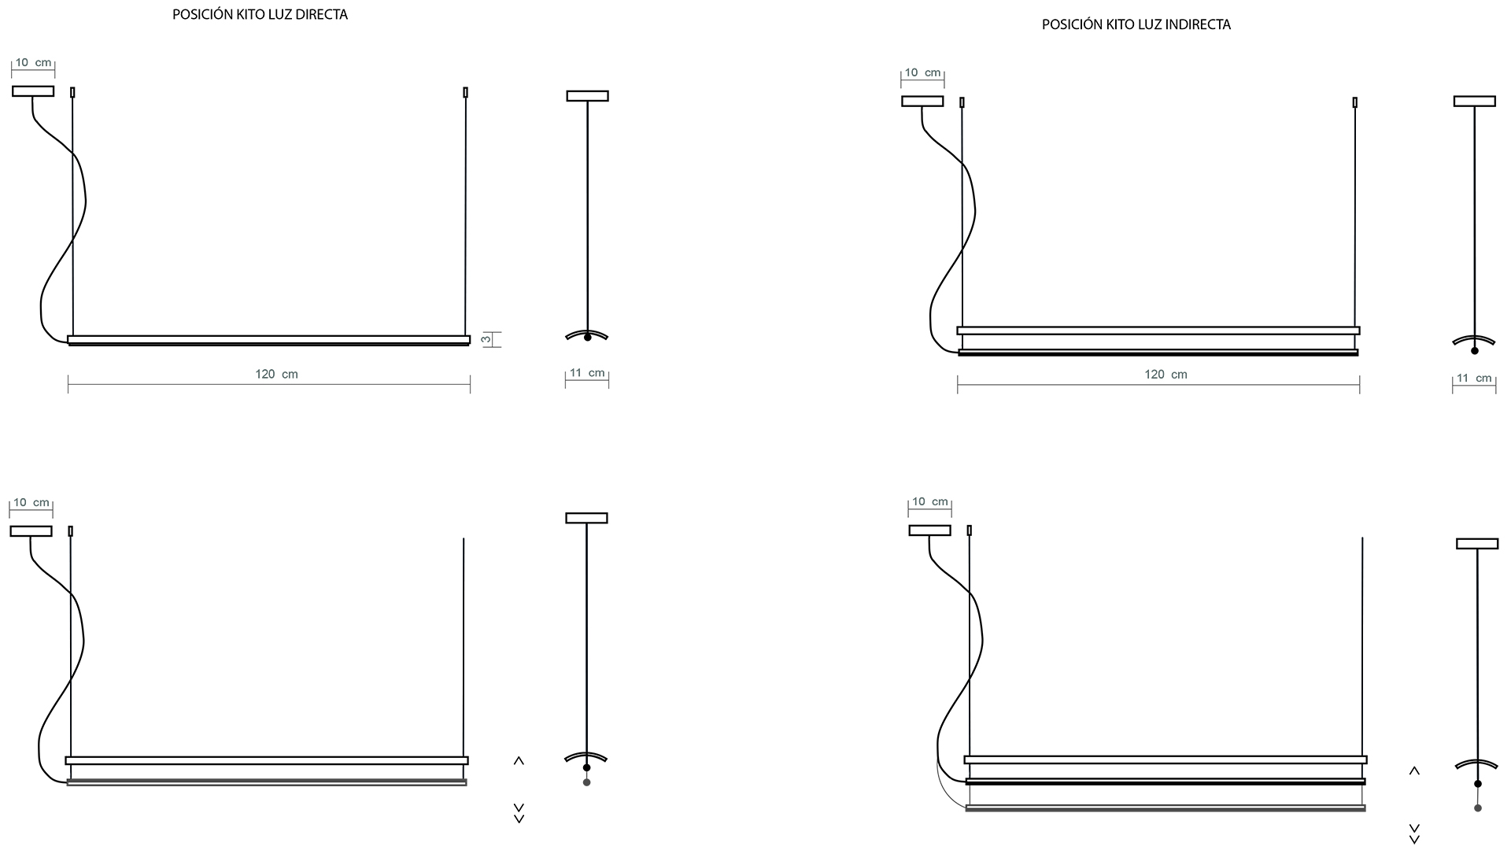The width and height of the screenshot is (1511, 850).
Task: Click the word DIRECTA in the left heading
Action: (316, 14)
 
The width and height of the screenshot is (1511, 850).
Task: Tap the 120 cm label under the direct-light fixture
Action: (276, 374)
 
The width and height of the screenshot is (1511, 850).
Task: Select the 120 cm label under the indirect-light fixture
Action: (1166, 374)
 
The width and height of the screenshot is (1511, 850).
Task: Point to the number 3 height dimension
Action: (486, 339)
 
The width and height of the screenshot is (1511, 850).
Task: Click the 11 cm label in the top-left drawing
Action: (586, 373)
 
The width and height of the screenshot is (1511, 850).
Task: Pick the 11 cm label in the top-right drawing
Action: (1474, 378)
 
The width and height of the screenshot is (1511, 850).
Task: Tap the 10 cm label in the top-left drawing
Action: (33, 62)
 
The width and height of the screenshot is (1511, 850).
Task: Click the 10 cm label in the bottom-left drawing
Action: (31, 502)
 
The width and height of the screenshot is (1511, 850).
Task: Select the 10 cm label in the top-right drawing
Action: (923, 72)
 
